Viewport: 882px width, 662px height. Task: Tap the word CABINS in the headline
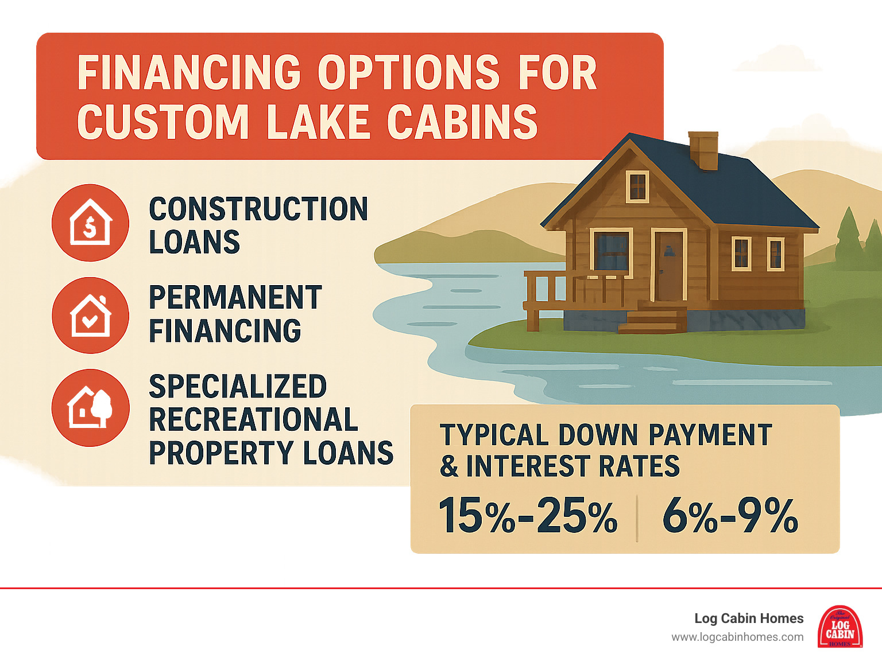tap(462, 122)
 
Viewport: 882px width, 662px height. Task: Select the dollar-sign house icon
tap(90, 223)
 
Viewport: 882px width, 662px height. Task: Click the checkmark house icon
tap(90, 315)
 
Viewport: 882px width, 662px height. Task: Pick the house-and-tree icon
tap(90, 407)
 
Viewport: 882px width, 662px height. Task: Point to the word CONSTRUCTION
tap(258, 209)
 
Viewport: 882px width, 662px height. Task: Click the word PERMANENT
tap(235, 298)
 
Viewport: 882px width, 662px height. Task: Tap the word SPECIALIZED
tap(238, 387)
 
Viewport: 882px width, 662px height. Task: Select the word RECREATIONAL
tap(253, 420)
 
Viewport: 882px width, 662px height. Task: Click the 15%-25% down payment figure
tap(528, 516)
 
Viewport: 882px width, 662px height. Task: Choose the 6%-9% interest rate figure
tap(730, 516)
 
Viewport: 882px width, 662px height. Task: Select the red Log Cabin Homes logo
tap(840, 626)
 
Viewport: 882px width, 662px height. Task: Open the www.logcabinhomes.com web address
tap(737, 637)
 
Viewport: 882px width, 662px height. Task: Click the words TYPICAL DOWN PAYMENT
tap(606, 435)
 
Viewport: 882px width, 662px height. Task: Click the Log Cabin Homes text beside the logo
tap(749, 618)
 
